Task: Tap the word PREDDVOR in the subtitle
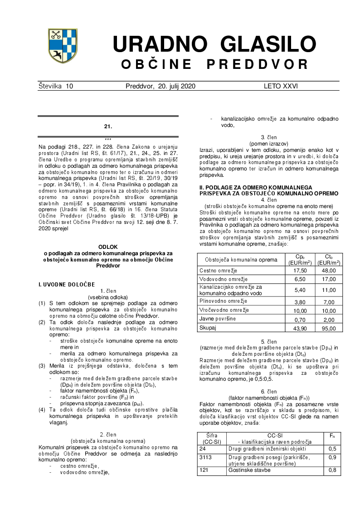pos(258,64)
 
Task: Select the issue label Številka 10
pos(56,86)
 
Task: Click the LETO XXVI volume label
pos(281,86)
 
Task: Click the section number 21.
pos(108,126)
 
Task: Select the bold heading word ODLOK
pos(108,247)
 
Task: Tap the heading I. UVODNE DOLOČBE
pos(67,284)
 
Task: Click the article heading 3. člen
pos(269,137)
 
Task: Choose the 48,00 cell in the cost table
pos(329,270)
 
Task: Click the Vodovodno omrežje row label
pos(224,279)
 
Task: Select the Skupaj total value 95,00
pos(329,328)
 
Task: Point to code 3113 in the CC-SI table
pos(206,457)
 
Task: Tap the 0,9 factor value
pos(332,457)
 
